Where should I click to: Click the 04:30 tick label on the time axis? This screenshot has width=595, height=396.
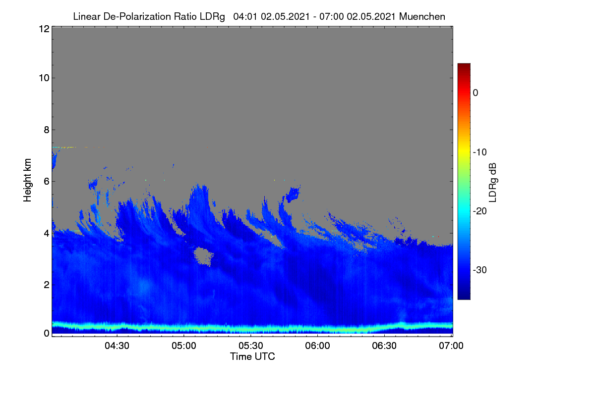117,346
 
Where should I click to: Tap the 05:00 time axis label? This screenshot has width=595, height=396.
184,346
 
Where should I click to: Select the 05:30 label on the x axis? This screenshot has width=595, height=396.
251,346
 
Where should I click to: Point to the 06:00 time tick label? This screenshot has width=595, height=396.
317,346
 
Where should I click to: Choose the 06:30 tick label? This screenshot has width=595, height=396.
384,346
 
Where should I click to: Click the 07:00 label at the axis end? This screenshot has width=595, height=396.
451,346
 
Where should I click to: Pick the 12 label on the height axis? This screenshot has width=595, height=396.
44,29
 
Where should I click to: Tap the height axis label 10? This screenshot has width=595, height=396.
44,78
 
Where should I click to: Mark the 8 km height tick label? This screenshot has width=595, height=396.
47,130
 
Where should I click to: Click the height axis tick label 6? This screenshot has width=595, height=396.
47,182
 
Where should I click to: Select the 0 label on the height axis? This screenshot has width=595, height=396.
47,333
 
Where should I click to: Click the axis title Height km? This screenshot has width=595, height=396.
27,180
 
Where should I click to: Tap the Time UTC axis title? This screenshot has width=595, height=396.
252,356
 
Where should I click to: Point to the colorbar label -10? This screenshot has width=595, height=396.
480,152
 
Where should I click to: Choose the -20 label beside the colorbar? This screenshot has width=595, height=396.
480,211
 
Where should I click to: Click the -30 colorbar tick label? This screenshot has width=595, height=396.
480,270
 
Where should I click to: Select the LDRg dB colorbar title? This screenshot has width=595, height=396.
493,183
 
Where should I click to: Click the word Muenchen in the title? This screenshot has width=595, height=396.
422,16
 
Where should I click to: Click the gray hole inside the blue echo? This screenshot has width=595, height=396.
203,256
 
